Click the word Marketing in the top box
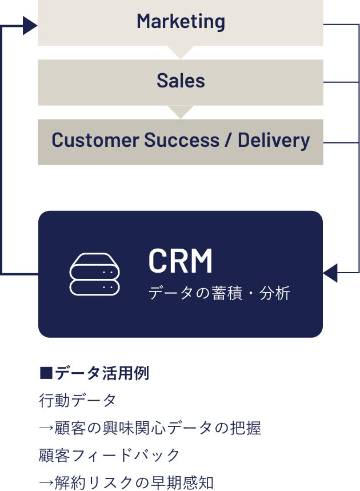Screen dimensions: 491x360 181,22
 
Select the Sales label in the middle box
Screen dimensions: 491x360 181,81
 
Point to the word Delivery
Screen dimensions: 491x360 274,140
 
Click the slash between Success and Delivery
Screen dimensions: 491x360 229,140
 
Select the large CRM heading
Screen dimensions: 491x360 180,261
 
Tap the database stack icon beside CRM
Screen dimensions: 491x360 95,274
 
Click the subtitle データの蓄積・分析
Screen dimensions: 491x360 219,294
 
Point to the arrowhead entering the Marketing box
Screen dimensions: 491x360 30,25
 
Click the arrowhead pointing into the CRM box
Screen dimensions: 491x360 330,273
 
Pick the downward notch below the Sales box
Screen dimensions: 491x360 181,112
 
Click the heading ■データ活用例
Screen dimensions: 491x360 94,374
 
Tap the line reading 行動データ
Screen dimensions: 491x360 77,401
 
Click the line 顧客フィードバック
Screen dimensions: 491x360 109,455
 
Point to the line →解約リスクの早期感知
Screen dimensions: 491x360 126,482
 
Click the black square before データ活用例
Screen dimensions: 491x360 46,374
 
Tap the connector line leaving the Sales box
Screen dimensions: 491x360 341,82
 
